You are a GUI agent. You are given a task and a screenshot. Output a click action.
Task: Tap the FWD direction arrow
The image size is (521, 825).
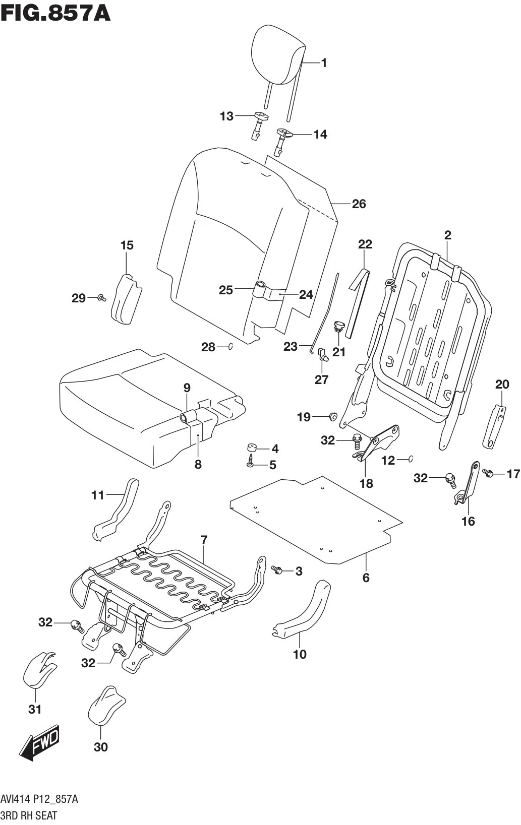40,743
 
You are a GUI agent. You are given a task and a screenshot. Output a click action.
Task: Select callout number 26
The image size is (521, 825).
359,204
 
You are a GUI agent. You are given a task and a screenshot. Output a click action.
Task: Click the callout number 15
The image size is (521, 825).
127,245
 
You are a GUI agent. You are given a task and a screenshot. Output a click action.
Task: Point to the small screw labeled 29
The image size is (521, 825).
101,298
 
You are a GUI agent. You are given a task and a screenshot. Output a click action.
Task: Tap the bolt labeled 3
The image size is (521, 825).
277,570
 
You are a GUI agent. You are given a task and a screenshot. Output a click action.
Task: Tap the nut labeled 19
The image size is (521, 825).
333,416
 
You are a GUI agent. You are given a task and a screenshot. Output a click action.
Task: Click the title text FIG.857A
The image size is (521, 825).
55,13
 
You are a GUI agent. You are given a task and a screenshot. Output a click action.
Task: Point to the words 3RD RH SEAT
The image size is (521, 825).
29,815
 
